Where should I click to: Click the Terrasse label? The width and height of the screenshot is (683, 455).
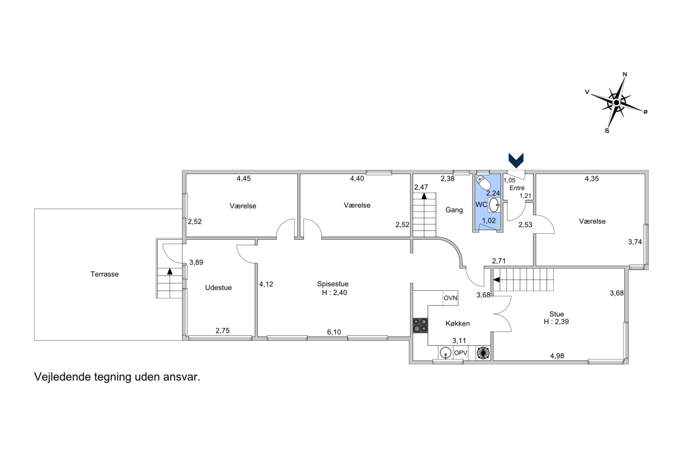(x=104, y=274)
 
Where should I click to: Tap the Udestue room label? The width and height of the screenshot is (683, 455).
(x=218, y=287)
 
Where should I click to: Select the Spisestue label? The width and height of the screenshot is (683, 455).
(x=333, y=284)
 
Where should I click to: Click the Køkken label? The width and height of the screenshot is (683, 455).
(x=457, y=324)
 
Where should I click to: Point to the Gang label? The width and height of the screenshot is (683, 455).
(x=454, y=210)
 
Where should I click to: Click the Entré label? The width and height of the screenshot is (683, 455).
(x=517, y=188)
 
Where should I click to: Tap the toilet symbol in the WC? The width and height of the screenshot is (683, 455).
(x=483, y=182)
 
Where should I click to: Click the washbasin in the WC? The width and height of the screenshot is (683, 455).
(x=494, y=205)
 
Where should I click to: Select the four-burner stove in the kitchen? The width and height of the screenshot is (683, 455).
(x=420, y=326)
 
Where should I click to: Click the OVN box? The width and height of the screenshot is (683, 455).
(x=450, y=298)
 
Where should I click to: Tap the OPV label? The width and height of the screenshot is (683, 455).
(x=460, y=353)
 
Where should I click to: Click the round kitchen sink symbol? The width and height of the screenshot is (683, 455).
(x=446, y=353)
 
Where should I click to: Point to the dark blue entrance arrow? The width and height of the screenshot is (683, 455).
(x=516, y=161)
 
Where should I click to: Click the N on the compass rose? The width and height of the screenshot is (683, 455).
(x=625, y=74)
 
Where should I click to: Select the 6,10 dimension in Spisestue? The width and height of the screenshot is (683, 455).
(x=334, y=332)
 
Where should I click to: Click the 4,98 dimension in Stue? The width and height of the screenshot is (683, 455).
(x=557, y=356)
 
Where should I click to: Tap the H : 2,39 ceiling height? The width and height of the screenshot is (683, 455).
(x=556, y=321)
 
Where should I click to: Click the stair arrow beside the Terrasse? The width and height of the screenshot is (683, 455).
(x=169, y=271)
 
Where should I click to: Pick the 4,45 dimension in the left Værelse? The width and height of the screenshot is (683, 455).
(x=244, y=179)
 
